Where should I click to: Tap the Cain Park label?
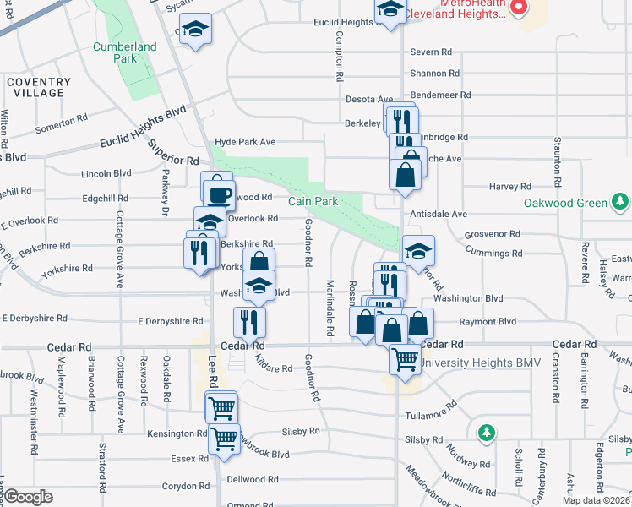313,201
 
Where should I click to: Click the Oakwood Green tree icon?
621,202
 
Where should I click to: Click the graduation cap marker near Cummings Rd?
418,250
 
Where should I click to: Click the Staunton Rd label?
558,162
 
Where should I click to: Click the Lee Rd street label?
212,372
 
